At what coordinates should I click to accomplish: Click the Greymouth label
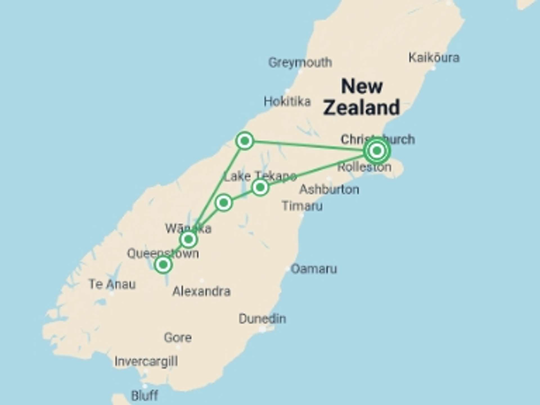[300, 62]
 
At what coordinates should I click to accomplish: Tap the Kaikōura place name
[434, 58]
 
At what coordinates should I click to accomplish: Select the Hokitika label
[287, 101]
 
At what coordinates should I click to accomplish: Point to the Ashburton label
[329, 189]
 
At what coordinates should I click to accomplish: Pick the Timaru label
[302, 206]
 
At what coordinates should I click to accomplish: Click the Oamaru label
[314, 269]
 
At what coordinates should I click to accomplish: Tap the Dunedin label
[262, 319]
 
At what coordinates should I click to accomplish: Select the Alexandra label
[201, 291]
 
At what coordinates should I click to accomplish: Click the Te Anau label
[112, 284]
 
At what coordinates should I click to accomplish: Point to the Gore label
[178, 337]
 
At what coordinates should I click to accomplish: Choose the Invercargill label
[146, 361]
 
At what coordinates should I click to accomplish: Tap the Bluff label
[145, 395]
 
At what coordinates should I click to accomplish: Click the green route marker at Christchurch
[377, 151]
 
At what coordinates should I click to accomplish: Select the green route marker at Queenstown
[163, 265]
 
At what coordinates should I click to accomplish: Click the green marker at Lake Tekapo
[260, 187]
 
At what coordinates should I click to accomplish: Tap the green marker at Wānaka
[188, 240]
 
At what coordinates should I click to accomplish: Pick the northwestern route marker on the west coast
[245, 140]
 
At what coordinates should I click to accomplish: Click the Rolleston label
[364, 167]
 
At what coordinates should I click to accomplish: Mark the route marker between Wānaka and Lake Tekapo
[224, 202]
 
